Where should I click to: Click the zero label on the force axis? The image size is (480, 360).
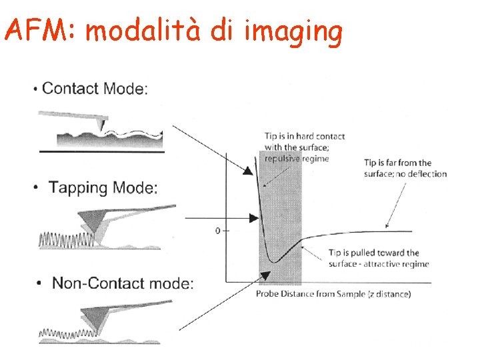coord(217,231)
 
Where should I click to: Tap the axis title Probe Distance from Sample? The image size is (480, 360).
coord(333,294)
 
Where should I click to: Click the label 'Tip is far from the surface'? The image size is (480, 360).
coord(405,168)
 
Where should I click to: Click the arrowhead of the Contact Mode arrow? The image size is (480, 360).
coord(247,171)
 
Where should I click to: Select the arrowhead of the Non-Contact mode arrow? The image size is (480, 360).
coord(265,273)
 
